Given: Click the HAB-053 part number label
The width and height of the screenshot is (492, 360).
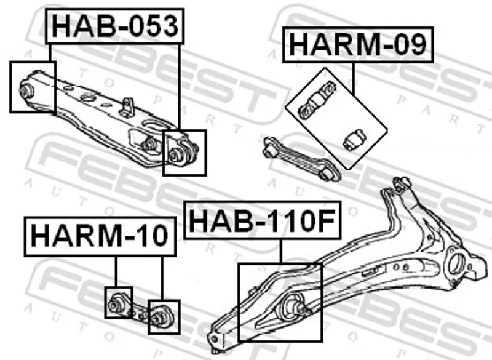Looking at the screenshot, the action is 115,26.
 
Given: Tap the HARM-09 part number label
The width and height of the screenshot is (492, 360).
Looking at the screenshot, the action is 358,45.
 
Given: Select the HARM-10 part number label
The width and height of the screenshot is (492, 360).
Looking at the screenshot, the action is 100,236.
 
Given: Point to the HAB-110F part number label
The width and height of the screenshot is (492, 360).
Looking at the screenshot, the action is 263,220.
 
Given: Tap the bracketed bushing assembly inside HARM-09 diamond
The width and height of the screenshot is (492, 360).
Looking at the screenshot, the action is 317,100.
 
